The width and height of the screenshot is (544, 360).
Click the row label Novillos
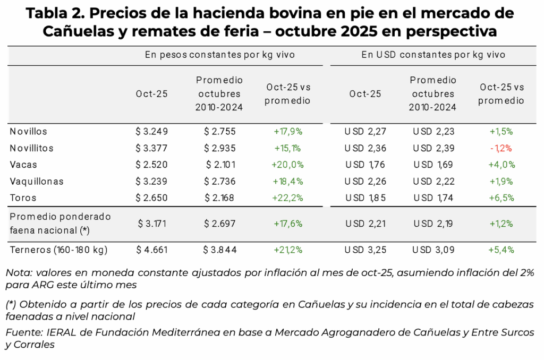29,131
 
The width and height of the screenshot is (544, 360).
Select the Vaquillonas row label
37,181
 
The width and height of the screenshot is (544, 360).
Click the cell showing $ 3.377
151,148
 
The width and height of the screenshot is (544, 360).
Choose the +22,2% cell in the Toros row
287,198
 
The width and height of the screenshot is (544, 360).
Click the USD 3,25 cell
364,249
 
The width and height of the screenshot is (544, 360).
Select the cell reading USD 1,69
433,165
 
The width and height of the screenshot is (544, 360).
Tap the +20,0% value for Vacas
287,165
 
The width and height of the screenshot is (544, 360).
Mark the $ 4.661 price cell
151,249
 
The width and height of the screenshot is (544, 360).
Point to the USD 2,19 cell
433,224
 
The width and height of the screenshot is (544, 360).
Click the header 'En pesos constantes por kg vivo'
220,55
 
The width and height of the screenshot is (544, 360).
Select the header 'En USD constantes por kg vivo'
433,55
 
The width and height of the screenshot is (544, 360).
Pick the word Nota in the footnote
18,273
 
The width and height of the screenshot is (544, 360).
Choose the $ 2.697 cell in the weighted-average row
219,224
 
